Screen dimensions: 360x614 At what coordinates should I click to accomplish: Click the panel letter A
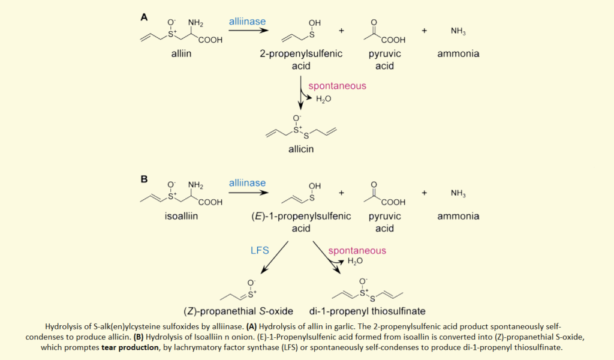(144, 17)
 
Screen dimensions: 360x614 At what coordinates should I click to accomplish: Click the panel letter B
(144, 179)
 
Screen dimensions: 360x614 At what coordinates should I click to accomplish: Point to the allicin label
(299, 148)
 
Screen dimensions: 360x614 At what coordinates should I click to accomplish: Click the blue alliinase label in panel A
(247, 22)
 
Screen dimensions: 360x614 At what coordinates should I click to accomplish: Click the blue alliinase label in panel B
(247, 182)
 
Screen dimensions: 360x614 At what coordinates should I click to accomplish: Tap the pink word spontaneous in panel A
(337, 86)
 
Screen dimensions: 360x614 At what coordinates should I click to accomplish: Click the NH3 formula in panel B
(458, 193)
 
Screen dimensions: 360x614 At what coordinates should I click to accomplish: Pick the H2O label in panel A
(324, 98)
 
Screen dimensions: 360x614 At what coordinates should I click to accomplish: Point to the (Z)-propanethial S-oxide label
(239, 311)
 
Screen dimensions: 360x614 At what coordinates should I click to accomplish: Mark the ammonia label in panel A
(458, 54)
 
